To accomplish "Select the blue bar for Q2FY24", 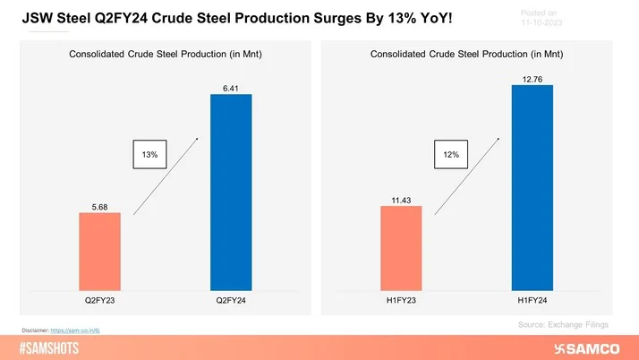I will (231, 192).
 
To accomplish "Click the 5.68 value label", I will (99, 206).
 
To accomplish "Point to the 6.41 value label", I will (231, 86).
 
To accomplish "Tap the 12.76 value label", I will (532, 79).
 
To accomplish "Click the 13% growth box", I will (149, 155).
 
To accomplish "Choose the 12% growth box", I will (450, 155).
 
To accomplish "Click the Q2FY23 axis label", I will (98, 302).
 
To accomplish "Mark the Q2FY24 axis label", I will (231, 302).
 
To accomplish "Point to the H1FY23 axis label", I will (400, 302).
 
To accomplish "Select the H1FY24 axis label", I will (532, 302).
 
